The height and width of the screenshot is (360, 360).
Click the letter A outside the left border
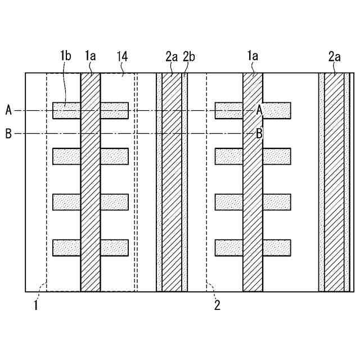coord(8,110)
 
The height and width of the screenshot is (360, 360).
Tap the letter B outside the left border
coord(8,134)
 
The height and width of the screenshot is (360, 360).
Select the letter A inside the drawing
coord(259,110)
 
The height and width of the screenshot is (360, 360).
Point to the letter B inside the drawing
coord(259,134)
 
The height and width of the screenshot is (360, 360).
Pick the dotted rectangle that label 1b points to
coord(67,111)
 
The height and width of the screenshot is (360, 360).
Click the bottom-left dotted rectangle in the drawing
coord(67,247)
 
